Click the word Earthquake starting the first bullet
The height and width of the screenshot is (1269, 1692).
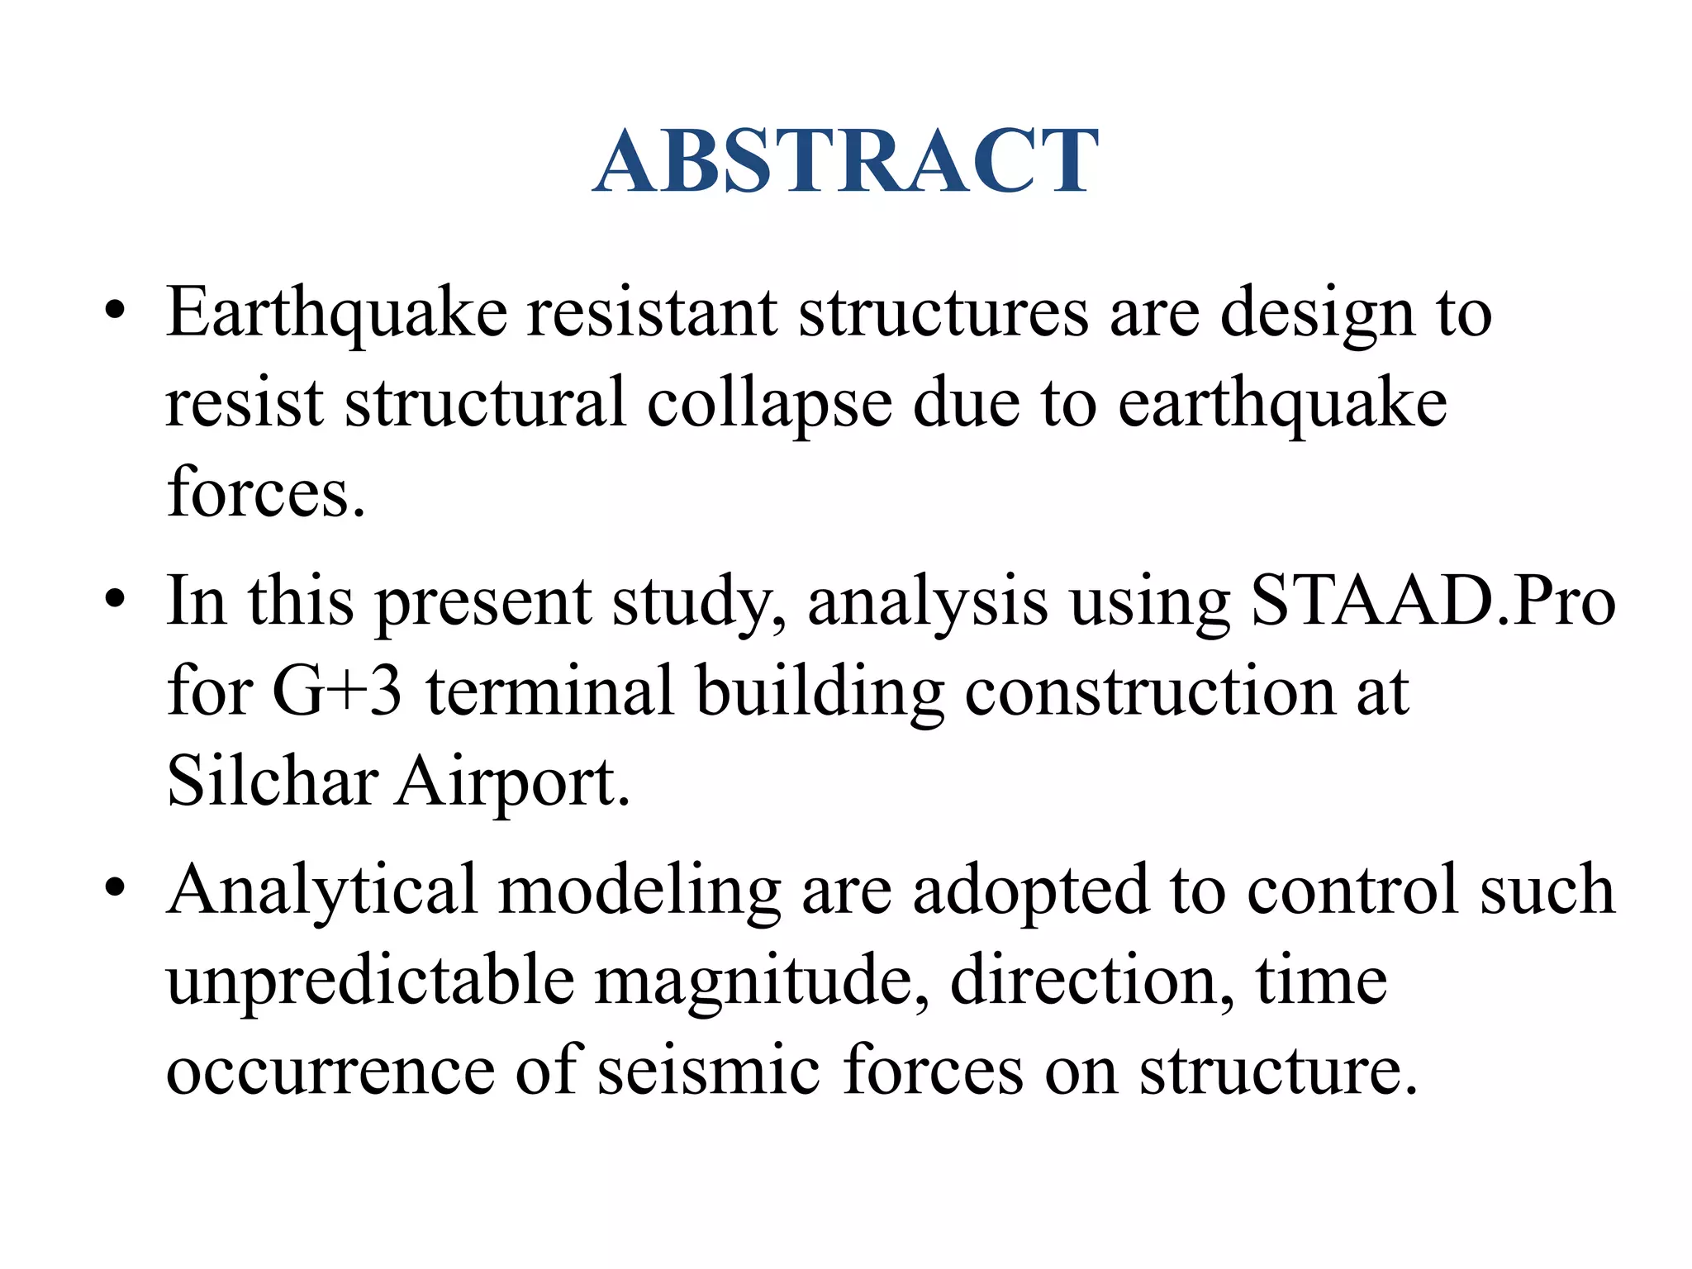336,314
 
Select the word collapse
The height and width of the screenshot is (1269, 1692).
769,405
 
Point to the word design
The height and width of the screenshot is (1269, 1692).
1318,316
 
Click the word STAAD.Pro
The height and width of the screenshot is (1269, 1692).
1433,601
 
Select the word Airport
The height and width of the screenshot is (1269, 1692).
512,782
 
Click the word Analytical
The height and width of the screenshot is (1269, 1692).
322,891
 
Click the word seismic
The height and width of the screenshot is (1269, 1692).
709,1070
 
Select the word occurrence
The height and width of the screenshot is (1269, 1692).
330,1072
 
